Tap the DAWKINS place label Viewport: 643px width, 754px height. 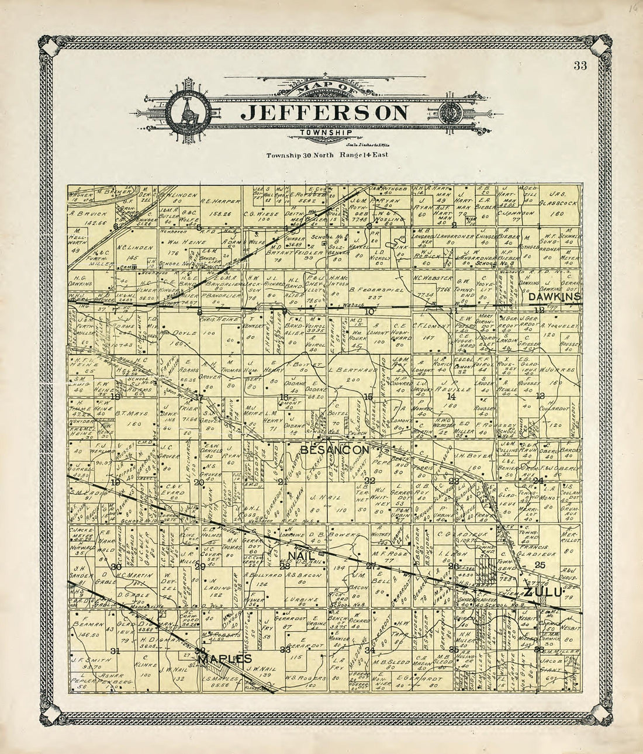click(555, 297)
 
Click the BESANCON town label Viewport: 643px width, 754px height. click(335, 449)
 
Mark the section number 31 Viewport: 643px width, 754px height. click(115, 651)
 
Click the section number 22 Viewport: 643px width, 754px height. click(369, 480)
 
